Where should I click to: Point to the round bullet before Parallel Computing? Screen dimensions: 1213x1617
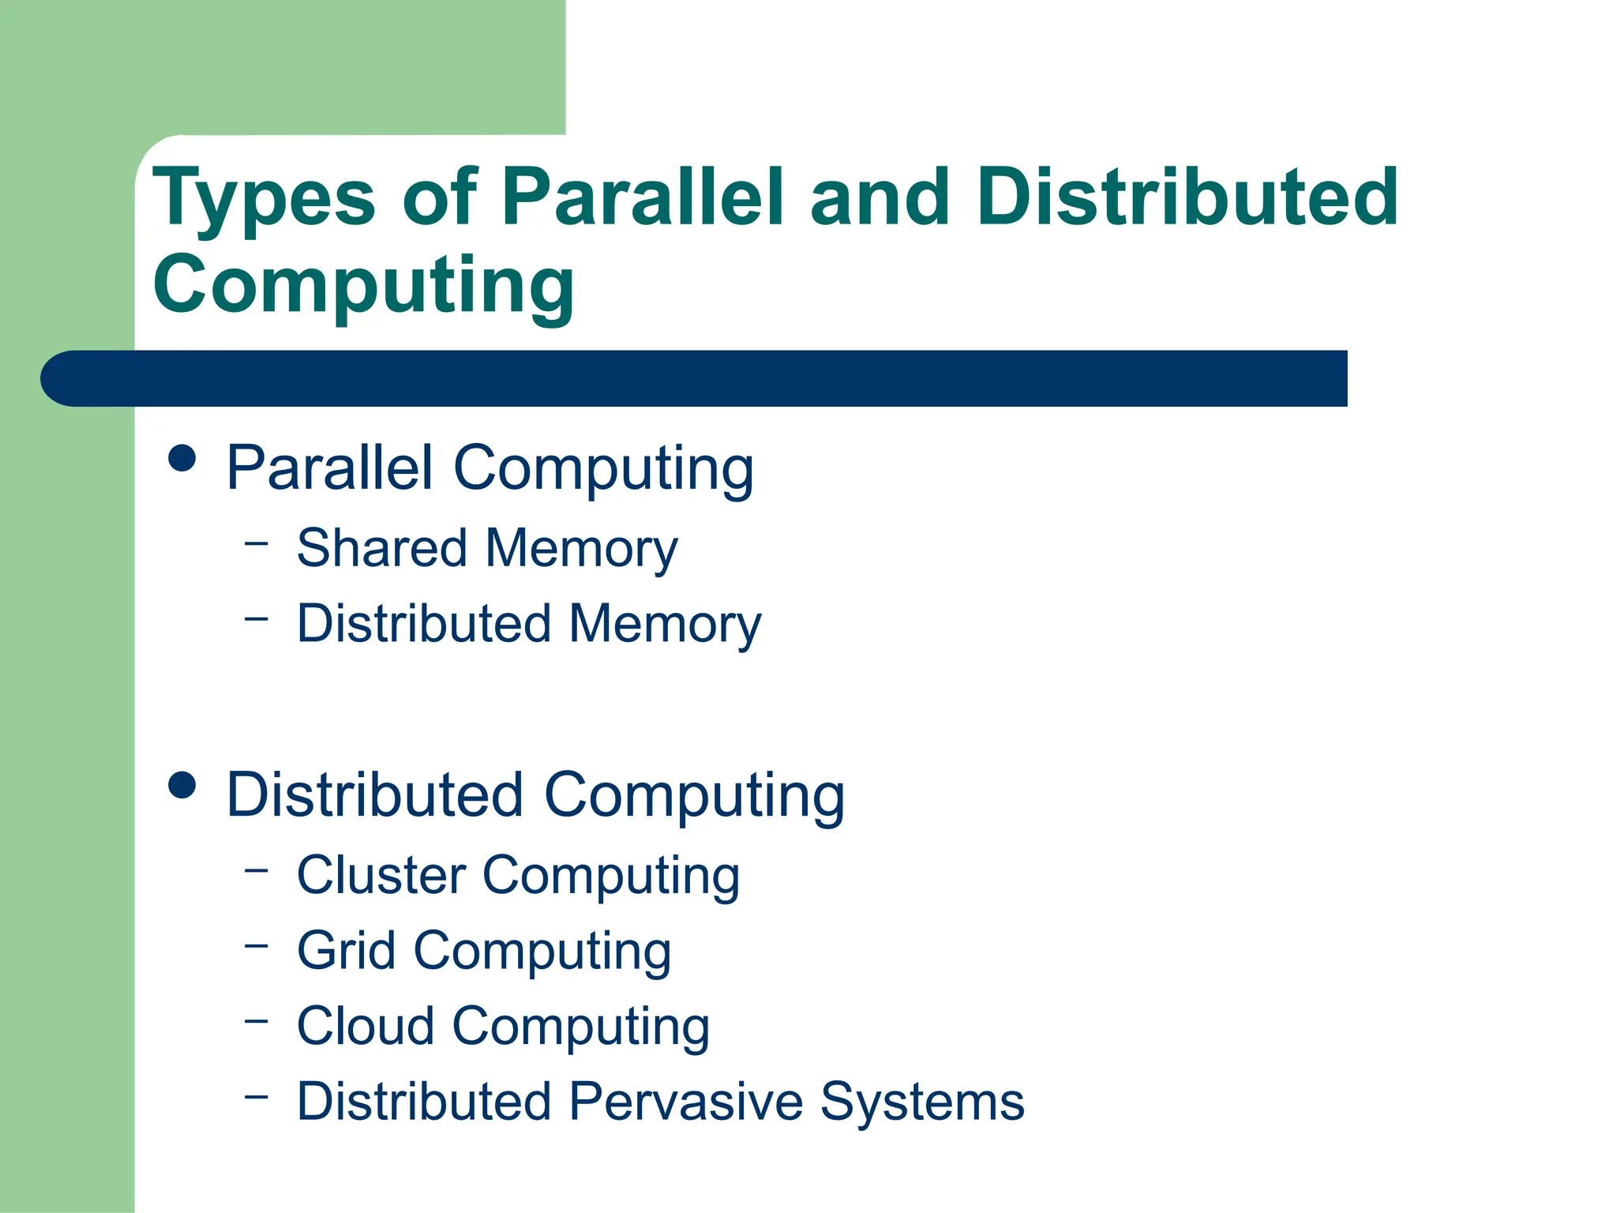[x=182, y=458]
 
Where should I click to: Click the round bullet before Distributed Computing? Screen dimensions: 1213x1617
[x=182, y=785]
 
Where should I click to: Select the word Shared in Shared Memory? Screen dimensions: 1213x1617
[x=381, y=548]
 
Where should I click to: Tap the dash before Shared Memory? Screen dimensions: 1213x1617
[x=257, y=543]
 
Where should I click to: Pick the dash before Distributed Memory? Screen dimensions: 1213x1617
[x=257, y=618]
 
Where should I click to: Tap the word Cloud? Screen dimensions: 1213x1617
[x=366, y=1026]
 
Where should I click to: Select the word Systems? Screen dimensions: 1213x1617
[x=922, y=1101]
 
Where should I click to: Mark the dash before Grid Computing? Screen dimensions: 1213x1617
[x=257, y=945]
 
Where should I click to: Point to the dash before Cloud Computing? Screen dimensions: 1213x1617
[x=257, y=1020]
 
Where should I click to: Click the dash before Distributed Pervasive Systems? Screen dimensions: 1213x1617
[x=257, y=1096]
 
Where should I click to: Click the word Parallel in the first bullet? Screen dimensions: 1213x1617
[x=330, y=468]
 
